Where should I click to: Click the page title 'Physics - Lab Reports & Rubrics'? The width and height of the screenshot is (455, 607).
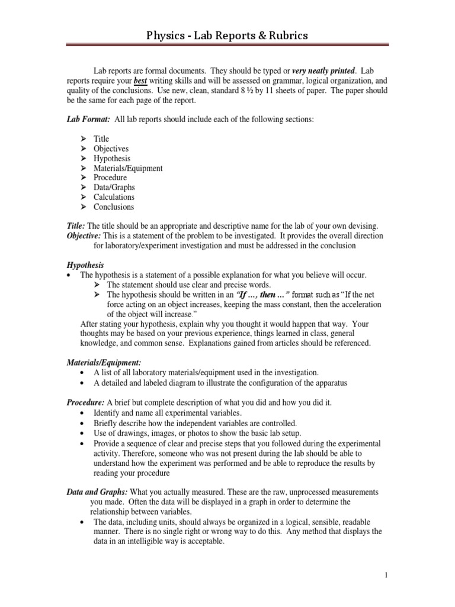point(227,37)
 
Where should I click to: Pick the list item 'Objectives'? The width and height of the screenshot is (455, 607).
point(111,149)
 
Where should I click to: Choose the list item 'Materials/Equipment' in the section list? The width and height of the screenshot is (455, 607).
point(128,168)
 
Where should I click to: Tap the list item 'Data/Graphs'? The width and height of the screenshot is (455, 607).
point(114,187)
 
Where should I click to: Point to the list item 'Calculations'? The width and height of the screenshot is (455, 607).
point(114,197)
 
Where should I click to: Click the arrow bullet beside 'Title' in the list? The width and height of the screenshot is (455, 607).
point(84,139)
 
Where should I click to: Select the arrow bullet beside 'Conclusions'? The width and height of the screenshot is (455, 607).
point(84,207)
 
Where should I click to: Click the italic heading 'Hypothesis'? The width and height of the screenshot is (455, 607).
point(85,265)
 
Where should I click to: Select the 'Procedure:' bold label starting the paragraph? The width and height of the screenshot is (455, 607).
point(85,402)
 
